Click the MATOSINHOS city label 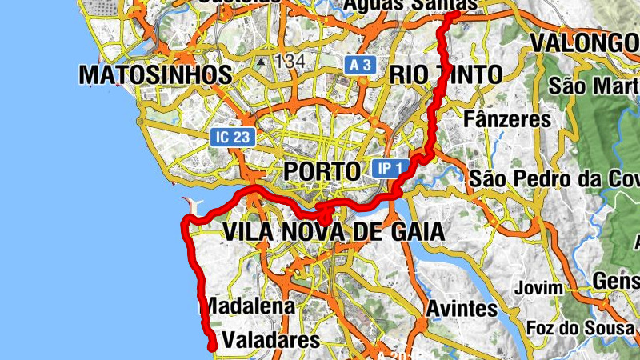click(155, 75)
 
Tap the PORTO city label click(322, 171)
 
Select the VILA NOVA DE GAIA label click(333, 232)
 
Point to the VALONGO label click(585, 42)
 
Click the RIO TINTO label click(446, 75)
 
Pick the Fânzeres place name click(508, 119)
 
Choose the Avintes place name click(462, 308)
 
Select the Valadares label click(270, 340)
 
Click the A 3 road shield click(360, 65)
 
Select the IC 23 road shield click(234, 137)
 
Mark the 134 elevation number click(290, 61)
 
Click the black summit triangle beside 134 click(262, 60)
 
